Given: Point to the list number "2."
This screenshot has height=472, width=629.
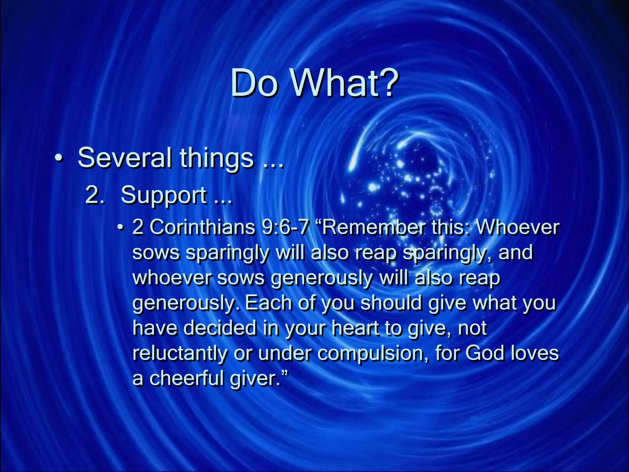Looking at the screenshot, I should [95, 195].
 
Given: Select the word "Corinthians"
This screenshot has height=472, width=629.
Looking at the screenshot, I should [203, 227].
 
